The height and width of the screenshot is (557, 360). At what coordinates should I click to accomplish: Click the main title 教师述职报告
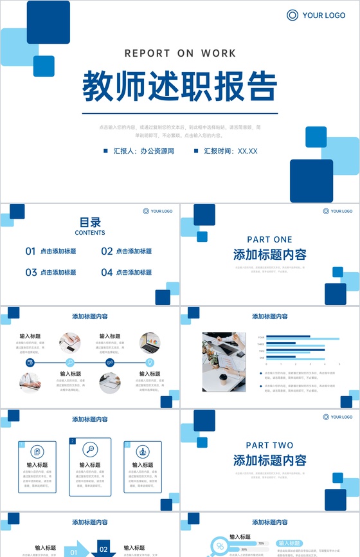pos(179,86)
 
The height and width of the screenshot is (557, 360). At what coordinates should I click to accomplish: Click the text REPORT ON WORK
pos(180,53)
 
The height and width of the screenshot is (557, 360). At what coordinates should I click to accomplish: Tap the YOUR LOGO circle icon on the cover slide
pos(292,15)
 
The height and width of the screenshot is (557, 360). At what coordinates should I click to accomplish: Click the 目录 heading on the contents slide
pos(90,223)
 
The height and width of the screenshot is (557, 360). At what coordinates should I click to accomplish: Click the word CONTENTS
pos(90,233)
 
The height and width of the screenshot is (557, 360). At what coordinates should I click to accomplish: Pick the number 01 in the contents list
pos(30,251)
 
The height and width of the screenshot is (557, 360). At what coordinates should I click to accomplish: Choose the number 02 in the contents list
pos(107,251)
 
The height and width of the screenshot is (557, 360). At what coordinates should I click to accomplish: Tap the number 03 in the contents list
pos(30,272)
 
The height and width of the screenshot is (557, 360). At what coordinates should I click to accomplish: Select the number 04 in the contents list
pos(107,272)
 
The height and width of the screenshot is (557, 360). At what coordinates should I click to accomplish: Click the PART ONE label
pos(269,239)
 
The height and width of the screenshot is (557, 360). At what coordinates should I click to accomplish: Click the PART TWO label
pos(269,445)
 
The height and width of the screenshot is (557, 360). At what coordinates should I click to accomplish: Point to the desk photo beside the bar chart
pos(224,362)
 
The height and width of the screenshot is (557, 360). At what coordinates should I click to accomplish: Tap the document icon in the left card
pos(37,452)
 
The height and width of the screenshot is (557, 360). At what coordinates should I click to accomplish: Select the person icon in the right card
pos(143,452)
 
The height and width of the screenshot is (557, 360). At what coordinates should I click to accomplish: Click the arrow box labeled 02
pos(103,550)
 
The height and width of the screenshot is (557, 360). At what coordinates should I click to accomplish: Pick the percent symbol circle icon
pos(220,546)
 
